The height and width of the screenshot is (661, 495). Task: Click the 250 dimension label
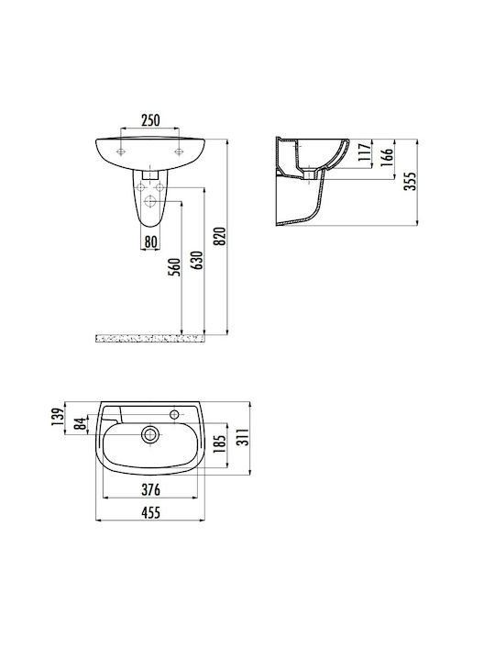(150, 120)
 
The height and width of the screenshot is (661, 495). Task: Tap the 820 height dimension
(220, 236)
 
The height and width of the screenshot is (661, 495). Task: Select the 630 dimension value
(197, 260)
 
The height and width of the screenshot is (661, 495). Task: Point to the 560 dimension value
(174, 267)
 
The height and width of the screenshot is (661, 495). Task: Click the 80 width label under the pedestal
(150, 242)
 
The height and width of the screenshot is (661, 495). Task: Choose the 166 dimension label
(387, 157)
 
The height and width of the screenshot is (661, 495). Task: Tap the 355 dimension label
(410, 181)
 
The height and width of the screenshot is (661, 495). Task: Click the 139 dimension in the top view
(57, 417)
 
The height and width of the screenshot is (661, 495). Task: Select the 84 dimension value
(80, 423)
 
